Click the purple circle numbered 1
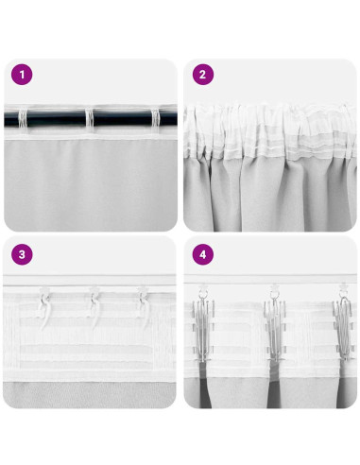pyautogui.click(x=22, y=75)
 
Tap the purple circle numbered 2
pyautogui.click(x=202, y=75)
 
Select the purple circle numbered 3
pyautogui.click(x=22, y=255)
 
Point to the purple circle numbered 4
pyautogui.click(x=202, y=255)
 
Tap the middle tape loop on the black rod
pyautogui.click(x=94, y=121)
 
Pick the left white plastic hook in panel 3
pyautogui.click(x=43, y=305)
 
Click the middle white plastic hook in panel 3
pyautogui.click(x=95, y=304)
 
